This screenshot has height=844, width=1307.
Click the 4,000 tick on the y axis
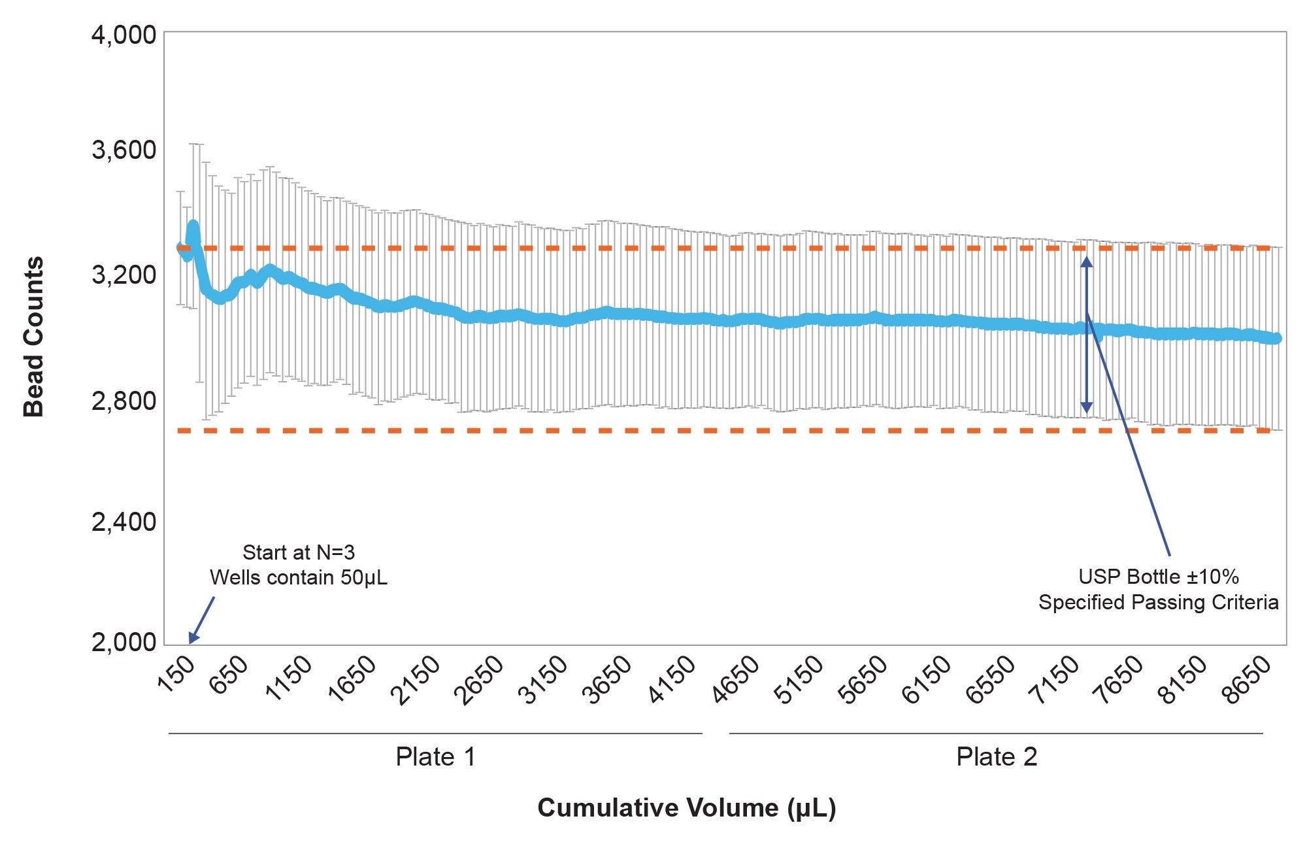(x=124, y=34)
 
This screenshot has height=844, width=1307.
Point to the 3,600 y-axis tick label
(x=124, y=150)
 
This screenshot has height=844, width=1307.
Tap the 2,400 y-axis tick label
(x=124, y=522)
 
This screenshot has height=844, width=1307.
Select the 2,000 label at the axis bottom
(x=124, y=642)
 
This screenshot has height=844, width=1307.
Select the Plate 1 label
(x=435, y=757)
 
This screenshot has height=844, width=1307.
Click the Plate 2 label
(x=996, y=757)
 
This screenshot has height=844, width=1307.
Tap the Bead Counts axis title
(x=33, y=337)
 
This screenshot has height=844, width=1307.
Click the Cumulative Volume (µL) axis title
(x=686, y=808)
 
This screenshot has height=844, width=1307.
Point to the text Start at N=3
(x=298, y=552)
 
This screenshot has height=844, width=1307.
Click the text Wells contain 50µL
(x=298, y=578)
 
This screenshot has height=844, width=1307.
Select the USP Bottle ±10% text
(x=1158, y=577)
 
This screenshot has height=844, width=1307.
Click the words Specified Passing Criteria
(x=1158, y=602)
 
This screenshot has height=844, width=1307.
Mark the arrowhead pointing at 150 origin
(x=192, y=639)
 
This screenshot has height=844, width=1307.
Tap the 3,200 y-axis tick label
(x=124, y=275)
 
